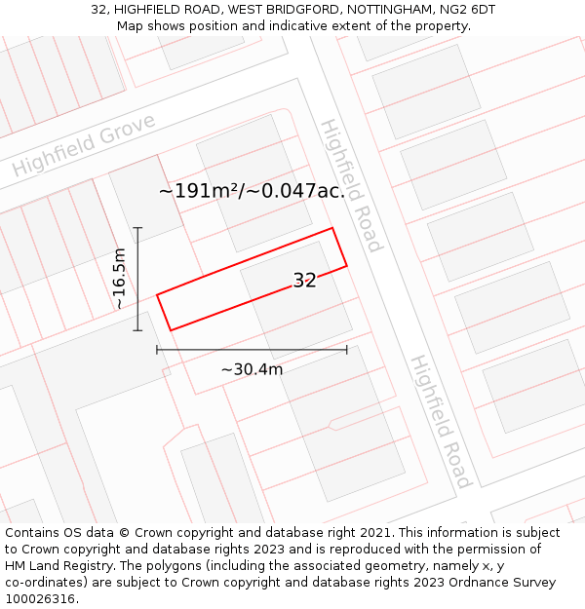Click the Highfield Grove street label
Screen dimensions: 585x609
point(84,145)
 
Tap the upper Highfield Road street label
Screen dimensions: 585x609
point(352,185)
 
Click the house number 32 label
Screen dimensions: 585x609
point(304,281)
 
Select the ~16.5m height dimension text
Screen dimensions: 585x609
point(119,279)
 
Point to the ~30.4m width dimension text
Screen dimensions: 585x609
point(252,369)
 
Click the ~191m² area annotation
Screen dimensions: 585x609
point(252,191)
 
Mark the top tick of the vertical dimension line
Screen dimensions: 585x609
point(137,228)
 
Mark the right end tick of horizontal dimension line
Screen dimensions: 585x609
point(347,349)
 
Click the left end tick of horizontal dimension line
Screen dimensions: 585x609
point(157,349)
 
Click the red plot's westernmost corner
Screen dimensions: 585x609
point(157,293)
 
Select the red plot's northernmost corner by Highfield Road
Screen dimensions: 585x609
point(332,228)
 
